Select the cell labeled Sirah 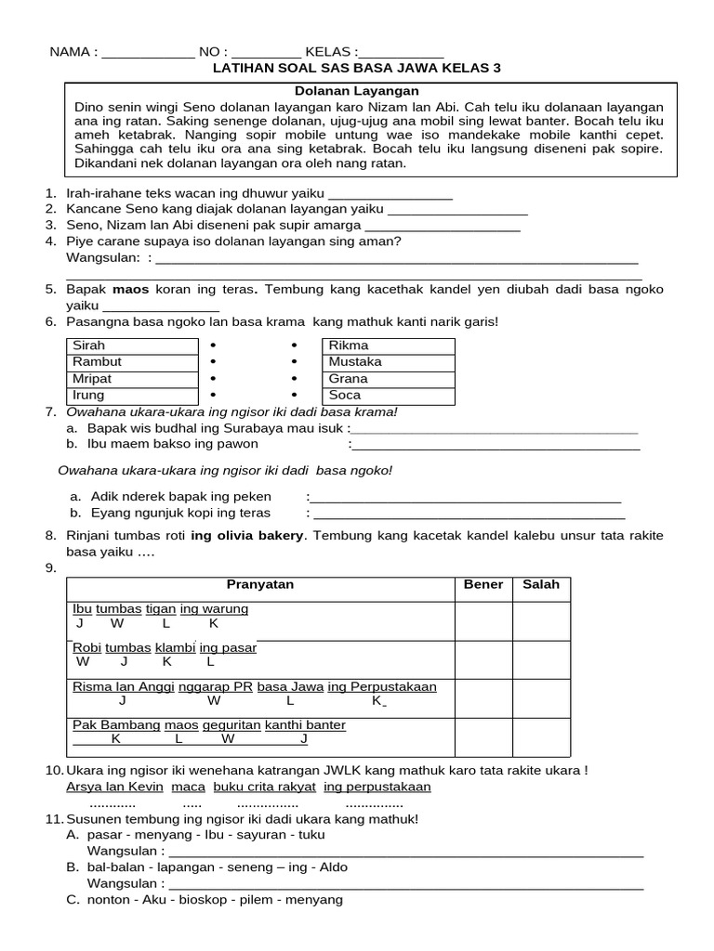[x=133, y=345]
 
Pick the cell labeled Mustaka [x=388, y=362]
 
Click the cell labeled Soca [x=388, y=396]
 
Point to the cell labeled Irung [x=133, y=396]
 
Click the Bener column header [x=483, y=585]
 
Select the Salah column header [x=541, y=585]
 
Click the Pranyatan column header [x=260, y=585]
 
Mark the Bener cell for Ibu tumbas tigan [x=483, y=619]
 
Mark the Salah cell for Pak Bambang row [x=541, y=736]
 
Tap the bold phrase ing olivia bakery [x=247, y=536]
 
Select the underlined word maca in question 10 [x=188, y=788]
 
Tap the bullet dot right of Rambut [x=213, y=362]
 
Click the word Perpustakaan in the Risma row [x=394, y=687]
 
